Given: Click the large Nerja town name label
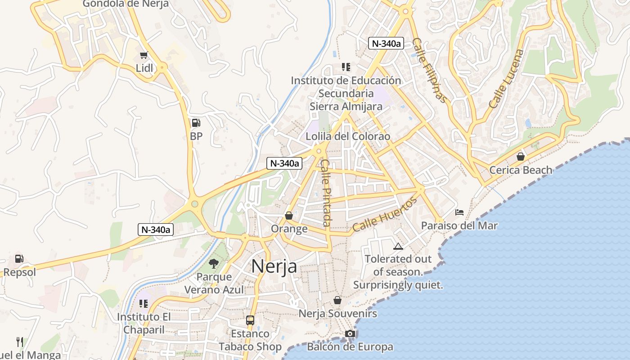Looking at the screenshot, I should coord(274,266).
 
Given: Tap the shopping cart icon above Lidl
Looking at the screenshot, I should coord(144,55).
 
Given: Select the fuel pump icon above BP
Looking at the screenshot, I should coord(196,123).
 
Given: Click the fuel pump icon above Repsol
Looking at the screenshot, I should coord(19,259).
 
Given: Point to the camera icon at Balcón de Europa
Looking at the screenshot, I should coord(350,333).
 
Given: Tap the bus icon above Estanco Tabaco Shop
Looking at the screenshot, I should coord(250,320).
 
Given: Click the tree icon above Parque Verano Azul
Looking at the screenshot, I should coord(213,264).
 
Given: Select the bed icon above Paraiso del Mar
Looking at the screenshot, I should coord(459,212).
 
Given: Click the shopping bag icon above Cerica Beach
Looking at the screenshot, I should coord(521,157).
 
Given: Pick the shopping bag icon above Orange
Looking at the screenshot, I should coord(289,216).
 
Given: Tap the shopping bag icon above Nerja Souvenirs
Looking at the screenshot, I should coord(337,300).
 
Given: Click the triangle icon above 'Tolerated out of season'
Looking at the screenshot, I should coord(398,246).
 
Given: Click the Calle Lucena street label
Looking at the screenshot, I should coord(507,79).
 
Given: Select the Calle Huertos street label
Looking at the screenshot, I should coord(385,215).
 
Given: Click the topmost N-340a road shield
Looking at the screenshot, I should coord(386,43).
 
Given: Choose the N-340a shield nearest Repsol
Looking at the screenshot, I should coord(155,229).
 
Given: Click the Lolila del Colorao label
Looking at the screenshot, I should coord(348,136).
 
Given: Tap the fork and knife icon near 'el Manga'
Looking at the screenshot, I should coord(19,342).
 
